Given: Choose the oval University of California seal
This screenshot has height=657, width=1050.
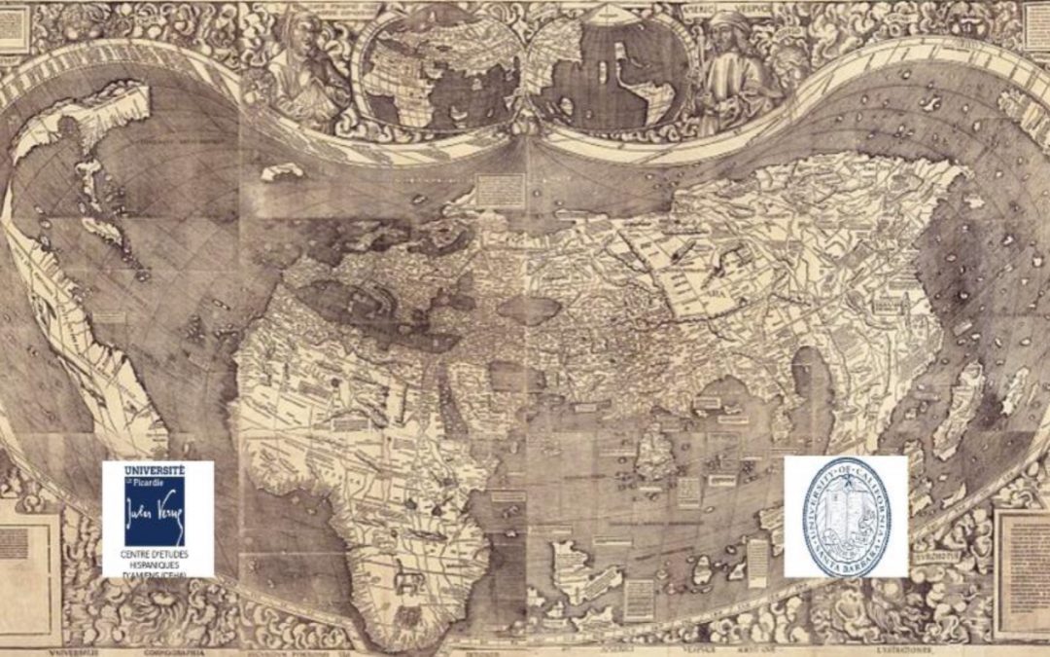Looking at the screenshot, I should pos(846,517).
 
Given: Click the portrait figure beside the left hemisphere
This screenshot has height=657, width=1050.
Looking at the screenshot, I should pos(306,63).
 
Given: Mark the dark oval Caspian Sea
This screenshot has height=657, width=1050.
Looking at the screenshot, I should pos(529,310).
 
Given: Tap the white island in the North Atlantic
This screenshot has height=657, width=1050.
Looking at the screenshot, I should pos(282,172).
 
